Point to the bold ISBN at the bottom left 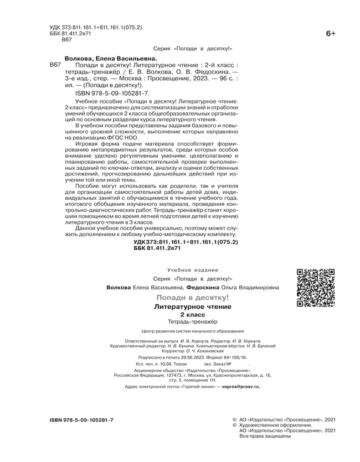(78, 421)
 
